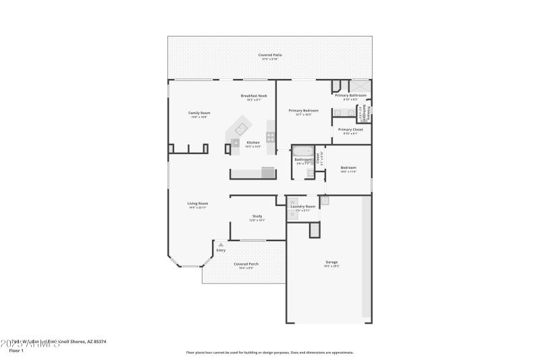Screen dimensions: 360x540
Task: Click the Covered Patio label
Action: pyautogui.click(x=270, y=54)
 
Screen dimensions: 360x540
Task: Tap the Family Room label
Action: pyautogui.click(x=198, y=113)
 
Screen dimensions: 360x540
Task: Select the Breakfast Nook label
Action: pyautogui.click(x=254, y=96)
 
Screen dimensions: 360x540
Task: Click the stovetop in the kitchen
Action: pyautogui.click(x=271, y=136)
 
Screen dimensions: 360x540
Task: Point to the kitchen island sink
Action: pyautogui.click(x=236, y=142)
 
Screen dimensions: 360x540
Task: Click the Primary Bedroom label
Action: pyautogui.click(x=303, y=110)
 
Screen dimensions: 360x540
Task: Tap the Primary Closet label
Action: pyautogui.click(x=350, y=129)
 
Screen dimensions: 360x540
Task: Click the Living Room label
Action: pyautogui.click(x=198, y=203)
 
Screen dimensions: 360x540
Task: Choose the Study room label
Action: pyautogui.click(x=257, y=216)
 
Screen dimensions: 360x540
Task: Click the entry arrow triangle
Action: pyautogui.click(x=220, y=245)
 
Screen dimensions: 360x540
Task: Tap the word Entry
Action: pyautogui.click(x=221, y=251)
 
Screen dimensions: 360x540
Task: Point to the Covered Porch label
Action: pyautogui.click(x=246, y=264)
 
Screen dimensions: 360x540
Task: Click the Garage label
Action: pyautogui.click(x=331, y=262)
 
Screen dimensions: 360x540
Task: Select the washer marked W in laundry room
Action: pyautogui.click(x=294, y=201)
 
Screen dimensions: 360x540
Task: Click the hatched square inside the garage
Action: pyautogui.click(x=314, y=230)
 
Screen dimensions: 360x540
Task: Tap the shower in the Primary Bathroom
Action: pyautogui.click(x=358, y=86)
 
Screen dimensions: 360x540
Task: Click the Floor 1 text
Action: pyautogui.click(x=16, y=351)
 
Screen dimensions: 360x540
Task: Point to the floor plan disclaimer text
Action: pyautogui.click(x=269, y=352)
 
